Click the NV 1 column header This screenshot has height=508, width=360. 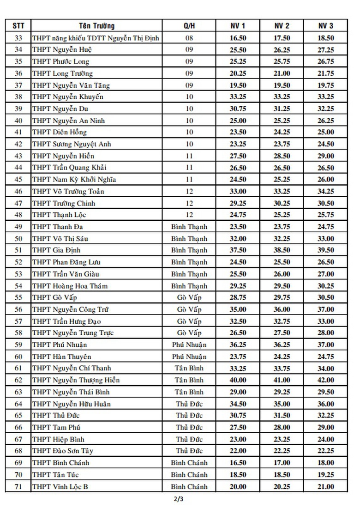click(x=238, y=26)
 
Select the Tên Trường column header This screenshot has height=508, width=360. click(x=96, y=26)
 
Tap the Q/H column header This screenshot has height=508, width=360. click(x=189, y=26)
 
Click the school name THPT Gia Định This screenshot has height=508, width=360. click(x=56, y=250)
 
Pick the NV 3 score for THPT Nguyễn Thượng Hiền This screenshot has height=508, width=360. click(x=326, y=380)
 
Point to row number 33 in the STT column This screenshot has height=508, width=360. click(x=18, y=38)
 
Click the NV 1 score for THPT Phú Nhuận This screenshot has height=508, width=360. click(x=238, y=345)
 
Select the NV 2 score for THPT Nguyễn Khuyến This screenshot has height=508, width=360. click(x=282, y=97)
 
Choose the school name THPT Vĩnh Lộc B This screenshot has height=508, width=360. click(x=60, y=486)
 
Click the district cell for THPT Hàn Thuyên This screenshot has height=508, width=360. click(x=189, y=357)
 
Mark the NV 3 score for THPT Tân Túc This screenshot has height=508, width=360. click(x=326, y=474)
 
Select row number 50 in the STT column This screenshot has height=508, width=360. click(x=18, y=238)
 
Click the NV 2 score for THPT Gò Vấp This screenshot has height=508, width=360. click(x=282, y=297)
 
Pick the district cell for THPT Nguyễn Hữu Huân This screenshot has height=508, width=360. click(x=189, y=404)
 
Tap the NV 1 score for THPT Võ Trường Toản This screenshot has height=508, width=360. click(x=238, y=191)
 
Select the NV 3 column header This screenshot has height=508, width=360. click(x=326, y=26)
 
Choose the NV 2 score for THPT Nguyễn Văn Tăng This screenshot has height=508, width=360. click(x=282, y=85)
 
